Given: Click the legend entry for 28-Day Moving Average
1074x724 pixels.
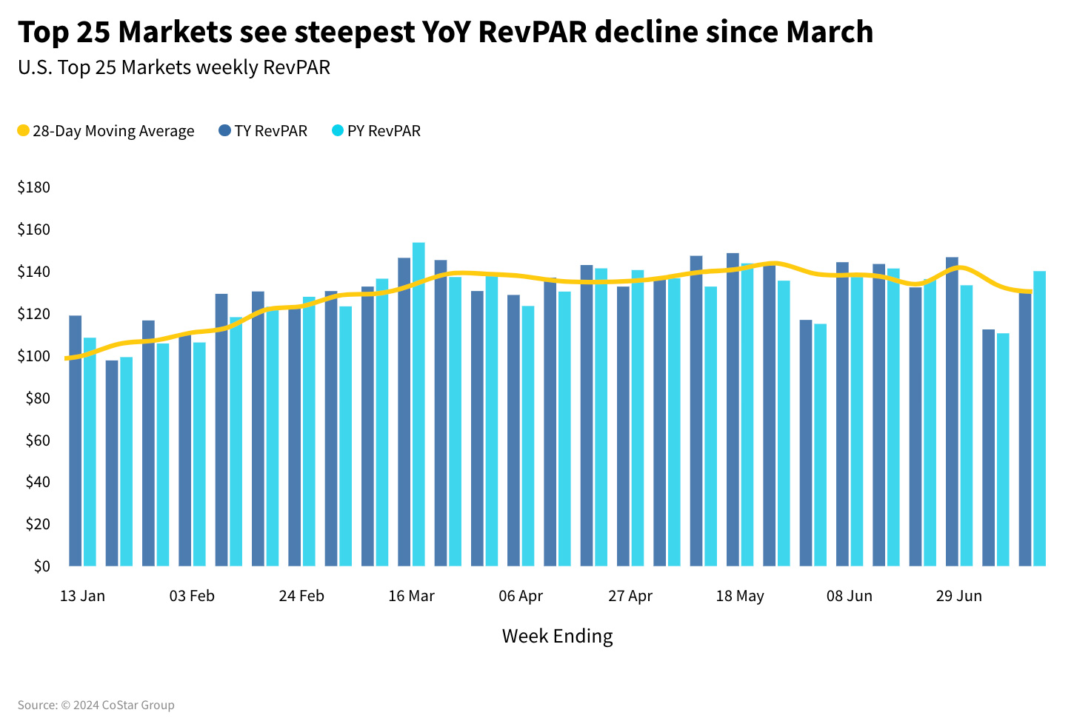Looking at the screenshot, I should click(x=105, y=131).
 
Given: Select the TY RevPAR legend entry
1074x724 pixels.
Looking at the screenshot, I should click(x=263, y=131).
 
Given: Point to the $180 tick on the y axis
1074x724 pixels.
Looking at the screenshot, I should click(x=34, y=187).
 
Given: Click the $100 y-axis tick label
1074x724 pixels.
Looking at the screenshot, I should click(x=34, y=356).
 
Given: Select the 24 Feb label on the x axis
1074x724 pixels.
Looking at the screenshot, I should click(x=301, y=596).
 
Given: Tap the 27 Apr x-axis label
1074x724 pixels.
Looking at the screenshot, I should click(x=630, y=596).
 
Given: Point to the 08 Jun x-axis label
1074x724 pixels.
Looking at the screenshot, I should click(x=850, y=596).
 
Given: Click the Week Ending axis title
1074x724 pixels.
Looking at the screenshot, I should click(x=557, y=636).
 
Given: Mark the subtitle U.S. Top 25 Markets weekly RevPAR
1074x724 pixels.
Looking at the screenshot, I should click(x=174, y=67).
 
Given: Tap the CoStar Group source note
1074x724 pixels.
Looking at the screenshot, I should click(x=96, y=705).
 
